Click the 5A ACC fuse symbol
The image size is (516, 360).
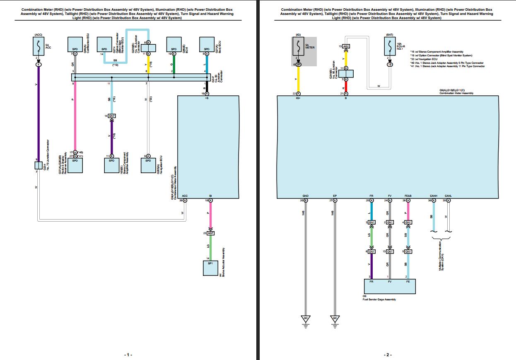[x=38, y=46]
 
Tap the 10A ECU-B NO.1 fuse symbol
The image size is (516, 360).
[x=389, y=46]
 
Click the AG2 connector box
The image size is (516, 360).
[x=346, y=46]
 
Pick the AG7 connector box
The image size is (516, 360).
[x=210, y=233]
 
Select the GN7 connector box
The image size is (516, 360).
[x=111, y=116]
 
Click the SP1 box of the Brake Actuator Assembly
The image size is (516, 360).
[x=210, y=268]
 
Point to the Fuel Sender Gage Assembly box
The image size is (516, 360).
[x=389, y=286]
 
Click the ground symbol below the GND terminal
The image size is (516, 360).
[x=306, y=319]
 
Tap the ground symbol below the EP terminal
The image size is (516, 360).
[x=335, y=319]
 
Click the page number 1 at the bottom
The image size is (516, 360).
[x=128, y=355]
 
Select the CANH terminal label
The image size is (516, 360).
[x=434, y=196]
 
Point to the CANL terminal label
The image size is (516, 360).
[x=448, y=196]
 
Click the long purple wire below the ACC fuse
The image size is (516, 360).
[x=38, y=112]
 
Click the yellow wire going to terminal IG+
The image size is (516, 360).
[x=298, y=79]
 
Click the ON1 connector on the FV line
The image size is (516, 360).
[x=389, y=251]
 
